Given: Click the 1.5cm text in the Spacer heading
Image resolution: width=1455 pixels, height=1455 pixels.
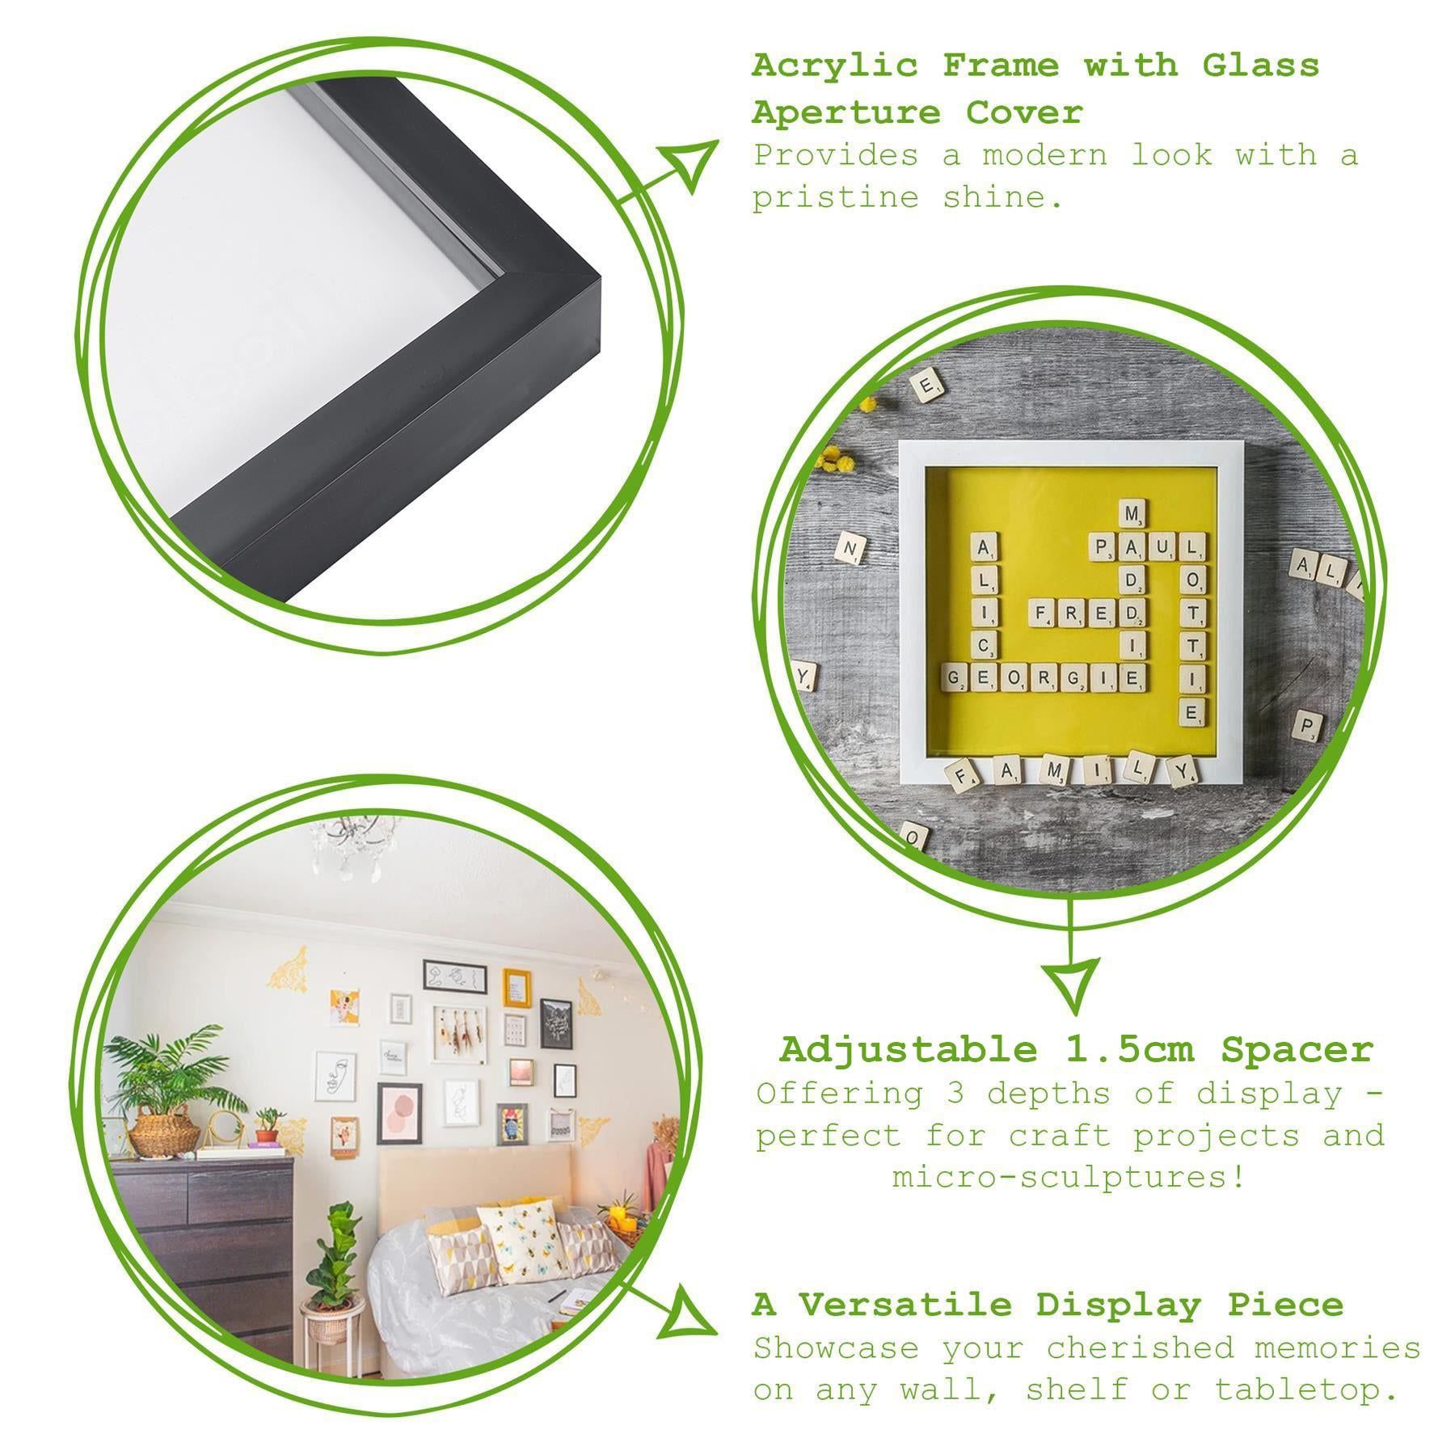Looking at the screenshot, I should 1128,1051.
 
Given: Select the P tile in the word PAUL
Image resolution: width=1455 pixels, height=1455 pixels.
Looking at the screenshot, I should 1103,547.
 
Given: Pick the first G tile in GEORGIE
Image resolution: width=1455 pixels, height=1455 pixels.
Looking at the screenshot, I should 957,677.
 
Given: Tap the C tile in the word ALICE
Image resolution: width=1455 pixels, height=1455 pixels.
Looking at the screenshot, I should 983,644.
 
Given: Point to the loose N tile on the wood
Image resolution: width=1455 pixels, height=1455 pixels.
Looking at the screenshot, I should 850,550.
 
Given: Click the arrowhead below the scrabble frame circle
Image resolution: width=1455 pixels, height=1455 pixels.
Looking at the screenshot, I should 1072,983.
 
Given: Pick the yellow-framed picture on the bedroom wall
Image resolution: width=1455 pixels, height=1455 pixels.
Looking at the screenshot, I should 517,987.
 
